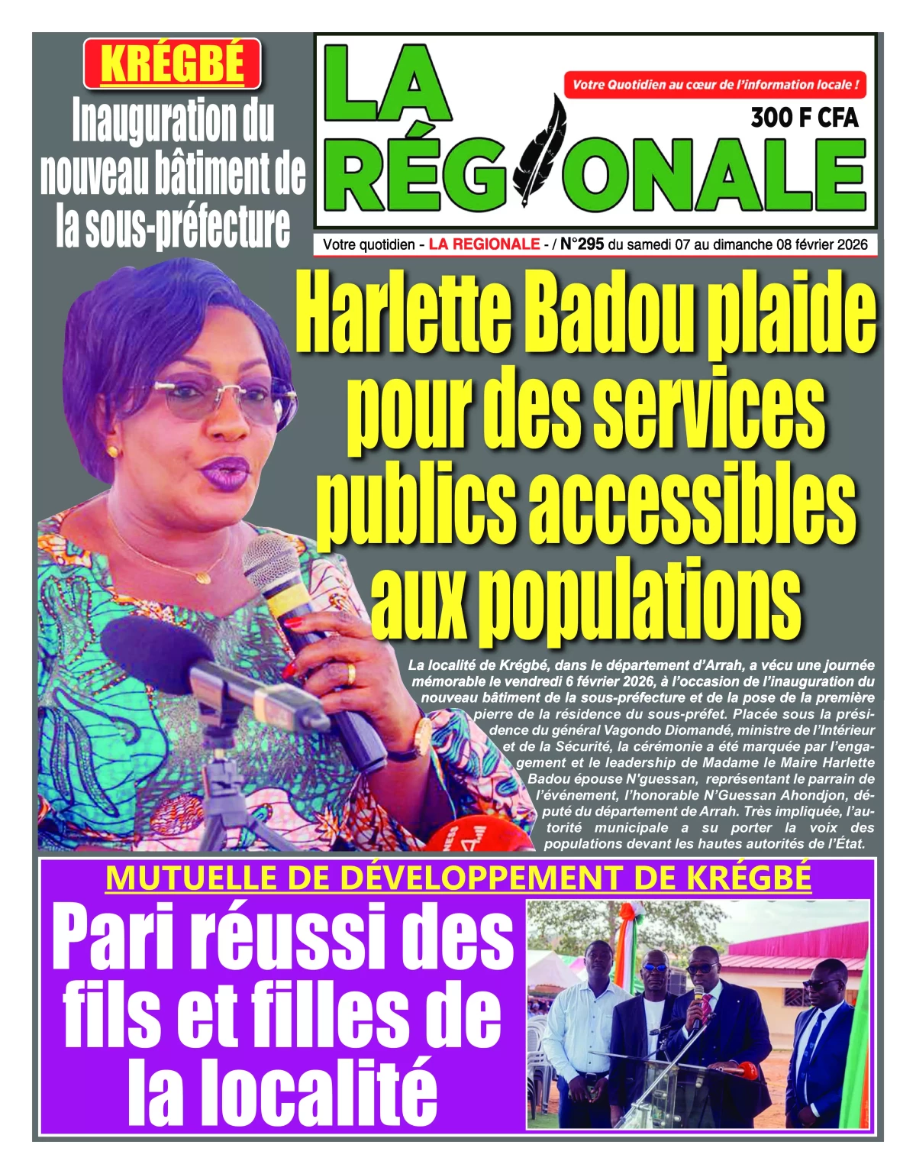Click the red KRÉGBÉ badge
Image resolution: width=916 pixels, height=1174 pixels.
click(x=173, y=63)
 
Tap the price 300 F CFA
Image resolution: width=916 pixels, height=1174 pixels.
click(x=804, y=118)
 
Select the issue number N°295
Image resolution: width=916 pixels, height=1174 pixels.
click(x=582, y=244)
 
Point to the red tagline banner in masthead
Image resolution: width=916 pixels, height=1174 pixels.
click(x=715, y=85)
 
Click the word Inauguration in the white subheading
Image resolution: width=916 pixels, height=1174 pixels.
click(x=173, y=122)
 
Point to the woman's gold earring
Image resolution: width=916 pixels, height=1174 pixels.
click(x=114, y=452)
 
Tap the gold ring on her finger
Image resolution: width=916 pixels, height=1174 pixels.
click(x=350, y=674)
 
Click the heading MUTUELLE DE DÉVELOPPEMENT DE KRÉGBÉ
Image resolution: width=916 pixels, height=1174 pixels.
click(x=458, y=878)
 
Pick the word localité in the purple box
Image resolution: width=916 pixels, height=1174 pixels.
click(x=282, y=1088)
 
